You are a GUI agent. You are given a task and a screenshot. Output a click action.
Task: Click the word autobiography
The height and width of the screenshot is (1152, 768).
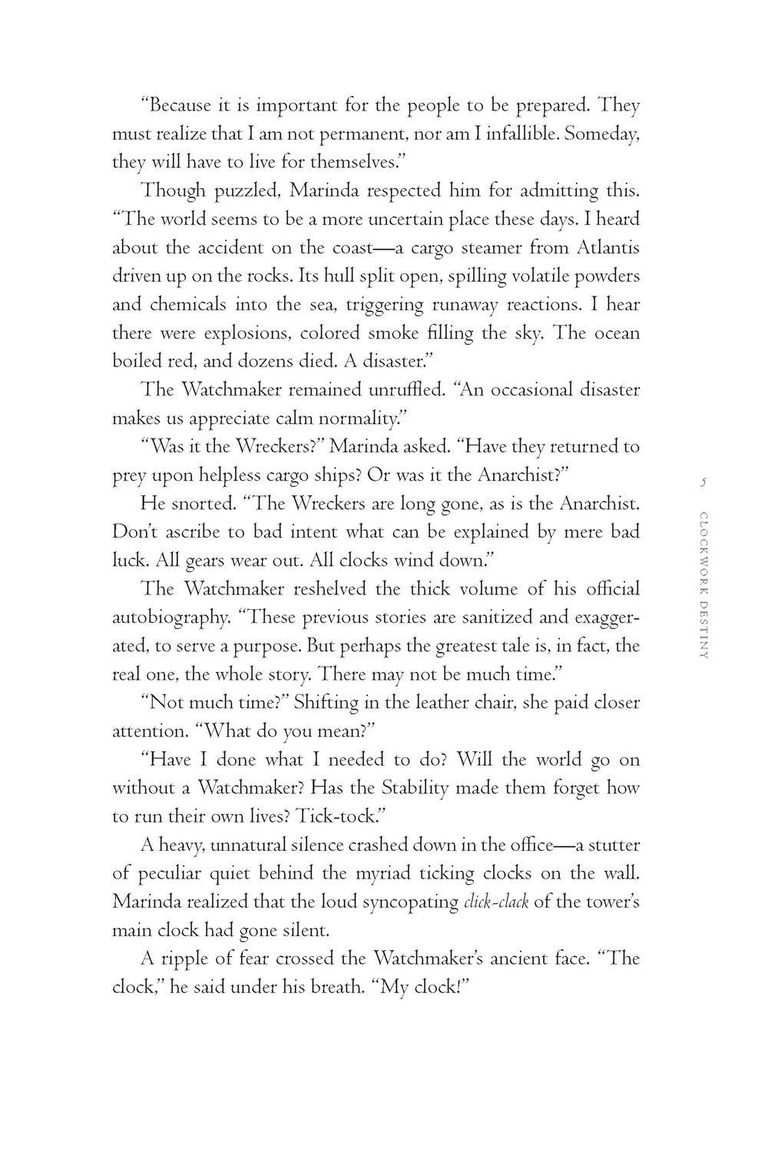[170, 617]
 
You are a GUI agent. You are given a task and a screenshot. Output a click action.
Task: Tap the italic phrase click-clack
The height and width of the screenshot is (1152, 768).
[497, 902]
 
